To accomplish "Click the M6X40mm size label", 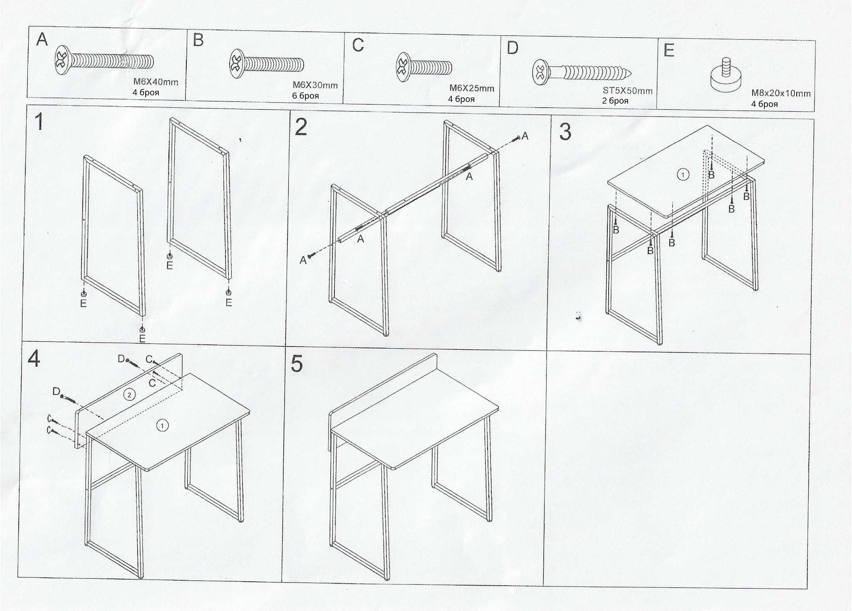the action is tap(156, 82).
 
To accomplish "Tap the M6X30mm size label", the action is tap(315, 85).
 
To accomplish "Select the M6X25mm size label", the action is tap(472, 89).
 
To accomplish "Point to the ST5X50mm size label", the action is tap(628, 91).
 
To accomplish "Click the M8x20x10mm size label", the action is tap(781, 94).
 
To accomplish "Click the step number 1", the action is tap(39, 122).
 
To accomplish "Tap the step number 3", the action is tap(565, 132).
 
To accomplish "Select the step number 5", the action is tap(297, 364).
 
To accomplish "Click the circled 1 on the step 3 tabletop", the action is tap(683, 175).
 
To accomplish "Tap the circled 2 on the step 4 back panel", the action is tap(130, 395).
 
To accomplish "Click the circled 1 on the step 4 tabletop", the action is tap(162, 425).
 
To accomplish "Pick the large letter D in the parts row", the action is tap(513, 48).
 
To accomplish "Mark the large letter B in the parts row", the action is tap(198, 40).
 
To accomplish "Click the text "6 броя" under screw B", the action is tap(305, 96).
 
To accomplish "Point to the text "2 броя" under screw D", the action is tap(615, 101).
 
